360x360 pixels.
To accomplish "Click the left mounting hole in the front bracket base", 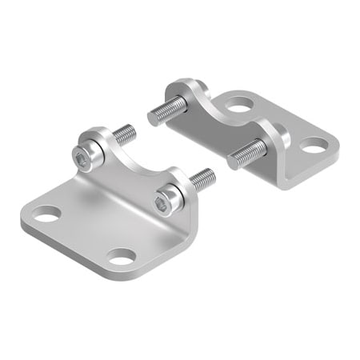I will pos(46,214).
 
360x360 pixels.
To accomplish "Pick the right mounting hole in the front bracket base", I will pos(121,258).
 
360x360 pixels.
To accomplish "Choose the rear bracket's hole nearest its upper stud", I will pos(238,103).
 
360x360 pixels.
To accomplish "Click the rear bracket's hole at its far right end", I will pos(314,146).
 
